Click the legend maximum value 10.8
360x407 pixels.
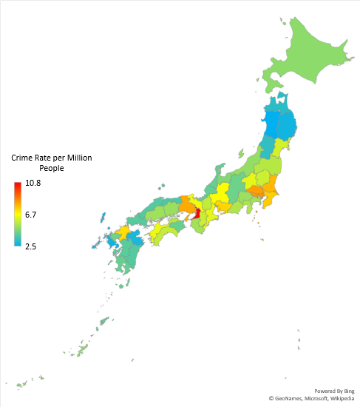(x=33, y=183)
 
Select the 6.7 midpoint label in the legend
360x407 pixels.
(x=32, y=215)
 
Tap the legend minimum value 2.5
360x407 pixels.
(x=32, y=246)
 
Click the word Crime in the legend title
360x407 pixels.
(x=24, y=158)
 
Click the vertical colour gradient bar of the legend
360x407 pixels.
(x=17, y=215)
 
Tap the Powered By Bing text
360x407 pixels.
(x=333, y=391)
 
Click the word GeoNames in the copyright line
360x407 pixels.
(x=288, y=399)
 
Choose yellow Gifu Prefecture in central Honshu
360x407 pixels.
(x=221, y=194)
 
